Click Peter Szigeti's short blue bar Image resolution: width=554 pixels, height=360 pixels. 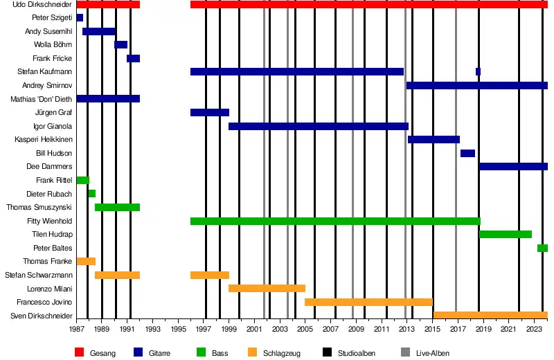point(80,17)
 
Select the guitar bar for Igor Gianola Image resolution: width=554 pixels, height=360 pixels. point(318,126)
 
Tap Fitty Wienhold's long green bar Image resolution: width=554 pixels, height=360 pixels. point(335,221)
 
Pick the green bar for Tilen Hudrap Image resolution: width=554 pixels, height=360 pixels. point(506,234)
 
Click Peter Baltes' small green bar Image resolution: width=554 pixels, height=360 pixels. point(542,248)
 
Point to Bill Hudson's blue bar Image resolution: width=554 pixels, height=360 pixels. point(467,153)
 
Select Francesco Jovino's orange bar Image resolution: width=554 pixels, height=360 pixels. point(368,302)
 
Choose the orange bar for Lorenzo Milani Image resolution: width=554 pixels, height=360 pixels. point(267,288)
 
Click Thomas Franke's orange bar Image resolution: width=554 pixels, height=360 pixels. point(86,261)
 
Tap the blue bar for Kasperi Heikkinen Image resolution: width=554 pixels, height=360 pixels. point(434,139)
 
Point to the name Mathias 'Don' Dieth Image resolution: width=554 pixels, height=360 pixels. point(42,99)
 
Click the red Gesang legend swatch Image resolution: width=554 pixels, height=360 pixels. point(79,353)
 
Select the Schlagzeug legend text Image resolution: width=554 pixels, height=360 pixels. point(281,353)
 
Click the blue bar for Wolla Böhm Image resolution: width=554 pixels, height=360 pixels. point(120,44)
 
